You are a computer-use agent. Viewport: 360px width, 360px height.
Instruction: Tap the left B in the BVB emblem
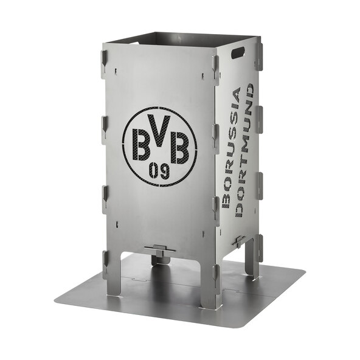pos(142,144)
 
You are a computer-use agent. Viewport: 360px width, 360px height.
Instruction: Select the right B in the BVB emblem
pos(180,147)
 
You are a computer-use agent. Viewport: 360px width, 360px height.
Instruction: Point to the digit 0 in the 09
pos(153,171)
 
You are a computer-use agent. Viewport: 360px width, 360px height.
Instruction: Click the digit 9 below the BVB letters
pos(165,171)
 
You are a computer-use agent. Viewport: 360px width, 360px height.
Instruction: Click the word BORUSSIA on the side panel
pos(231,148)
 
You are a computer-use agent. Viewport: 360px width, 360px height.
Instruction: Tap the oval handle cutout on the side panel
pos(238,53)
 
